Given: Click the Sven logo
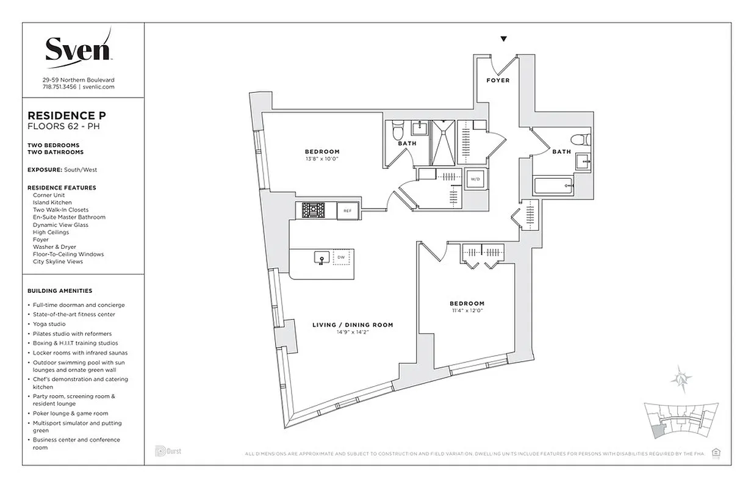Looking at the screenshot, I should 78,48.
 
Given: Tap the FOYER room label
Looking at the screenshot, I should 498,81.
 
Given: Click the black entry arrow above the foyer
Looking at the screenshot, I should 503,39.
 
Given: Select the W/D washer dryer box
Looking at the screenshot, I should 475,179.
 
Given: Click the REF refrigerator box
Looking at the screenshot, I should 347,210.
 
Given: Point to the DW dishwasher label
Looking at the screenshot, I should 340,258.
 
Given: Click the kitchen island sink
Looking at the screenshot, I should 319,259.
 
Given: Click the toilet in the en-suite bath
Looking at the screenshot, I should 398,130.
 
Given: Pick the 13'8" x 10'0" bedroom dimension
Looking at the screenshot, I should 321,159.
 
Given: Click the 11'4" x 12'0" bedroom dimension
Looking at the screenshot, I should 467,310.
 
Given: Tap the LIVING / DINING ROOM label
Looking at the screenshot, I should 353,325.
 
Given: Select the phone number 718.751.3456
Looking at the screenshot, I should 59,87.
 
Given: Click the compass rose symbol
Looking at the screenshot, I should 681,379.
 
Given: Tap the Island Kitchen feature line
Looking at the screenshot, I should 52,203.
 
